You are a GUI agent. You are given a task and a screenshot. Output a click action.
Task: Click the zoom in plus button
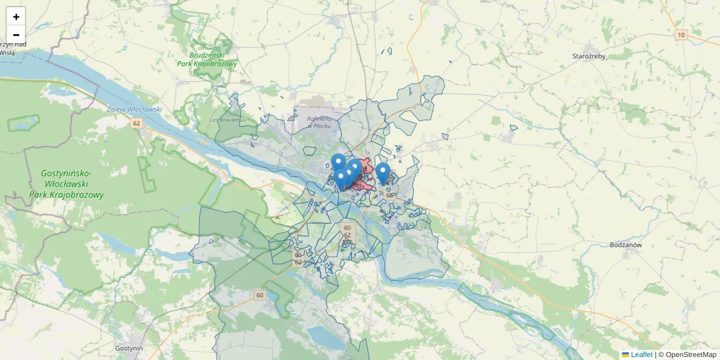point(16,16)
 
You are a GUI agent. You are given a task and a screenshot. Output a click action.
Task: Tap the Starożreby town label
point(592,56)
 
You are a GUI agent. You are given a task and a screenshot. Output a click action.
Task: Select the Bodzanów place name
point(626,245)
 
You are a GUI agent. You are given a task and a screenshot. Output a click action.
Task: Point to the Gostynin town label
point(130,348)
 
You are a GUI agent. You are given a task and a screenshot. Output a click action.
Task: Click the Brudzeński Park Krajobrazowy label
point(208,59)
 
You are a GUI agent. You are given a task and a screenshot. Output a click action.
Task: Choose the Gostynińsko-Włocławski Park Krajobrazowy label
point(66,184)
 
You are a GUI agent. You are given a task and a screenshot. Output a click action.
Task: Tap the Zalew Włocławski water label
point(135,109)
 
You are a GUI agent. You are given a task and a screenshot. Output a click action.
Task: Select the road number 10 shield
point(680,35)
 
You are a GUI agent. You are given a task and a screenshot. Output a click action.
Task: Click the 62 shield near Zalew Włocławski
point(137,124)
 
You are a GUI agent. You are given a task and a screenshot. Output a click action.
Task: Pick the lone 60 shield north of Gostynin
point(259,295)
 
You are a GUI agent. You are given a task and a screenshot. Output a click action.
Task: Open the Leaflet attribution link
point(641,355)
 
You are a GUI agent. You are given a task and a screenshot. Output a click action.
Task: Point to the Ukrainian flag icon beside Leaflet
point(625,355)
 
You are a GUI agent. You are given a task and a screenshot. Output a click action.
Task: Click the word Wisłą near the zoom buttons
point(7,52)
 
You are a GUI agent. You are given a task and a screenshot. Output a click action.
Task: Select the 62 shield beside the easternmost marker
point(389,195)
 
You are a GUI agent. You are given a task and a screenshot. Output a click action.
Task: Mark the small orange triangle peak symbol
point(277,217)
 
